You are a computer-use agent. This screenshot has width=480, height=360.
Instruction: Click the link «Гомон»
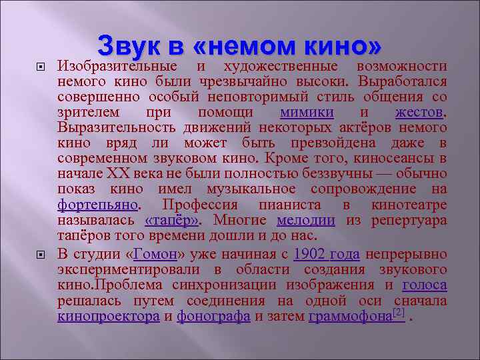pyautogui.click(x=155, y=254)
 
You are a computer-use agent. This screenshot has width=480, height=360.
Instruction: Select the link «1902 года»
pyautogui.click(x=327, y=254)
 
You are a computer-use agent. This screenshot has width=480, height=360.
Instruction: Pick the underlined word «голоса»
pyautogui.click(x=425, y=285)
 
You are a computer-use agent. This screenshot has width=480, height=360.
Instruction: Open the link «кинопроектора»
pyautogui.click(x=109, y=317)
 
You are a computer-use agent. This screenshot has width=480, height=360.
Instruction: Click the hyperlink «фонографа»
pyautogui.click(x=213, y=317)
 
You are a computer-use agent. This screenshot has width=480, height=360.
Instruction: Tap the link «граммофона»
pyautogui.click(x=350, y=317)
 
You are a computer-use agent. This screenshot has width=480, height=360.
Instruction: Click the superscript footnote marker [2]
pyautogui.click(x=399, y=312)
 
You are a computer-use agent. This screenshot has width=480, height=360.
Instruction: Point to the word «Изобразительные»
pyautogui.click(x=117, y=66)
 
